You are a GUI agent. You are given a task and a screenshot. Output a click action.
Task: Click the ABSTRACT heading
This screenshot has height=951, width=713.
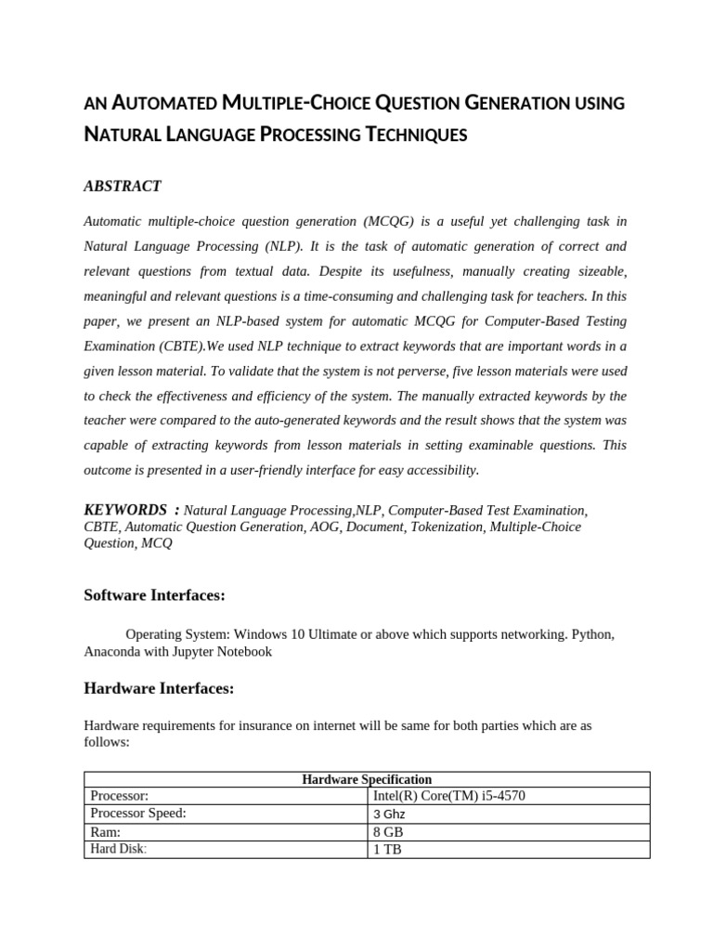point(123,187)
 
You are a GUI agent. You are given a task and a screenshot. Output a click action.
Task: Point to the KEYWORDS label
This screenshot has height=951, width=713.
point(125,510)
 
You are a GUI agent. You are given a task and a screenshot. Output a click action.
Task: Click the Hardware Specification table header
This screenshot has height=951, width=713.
point(367,779)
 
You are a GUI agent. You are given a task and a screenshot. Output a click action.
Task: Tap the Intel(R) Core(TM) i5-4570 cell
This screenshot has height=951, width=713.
point(449,796)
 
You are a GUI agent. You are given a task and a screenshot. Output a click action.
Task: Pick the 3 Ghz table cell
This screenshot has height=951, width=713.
point(389,814)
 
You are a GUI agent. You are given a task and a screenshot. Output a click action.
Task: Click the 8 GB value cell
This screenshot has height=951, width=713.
point(387,832)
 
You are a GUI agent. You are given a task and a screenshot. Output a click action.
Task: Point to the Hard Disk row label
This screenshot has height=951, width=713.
point(118,849)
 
